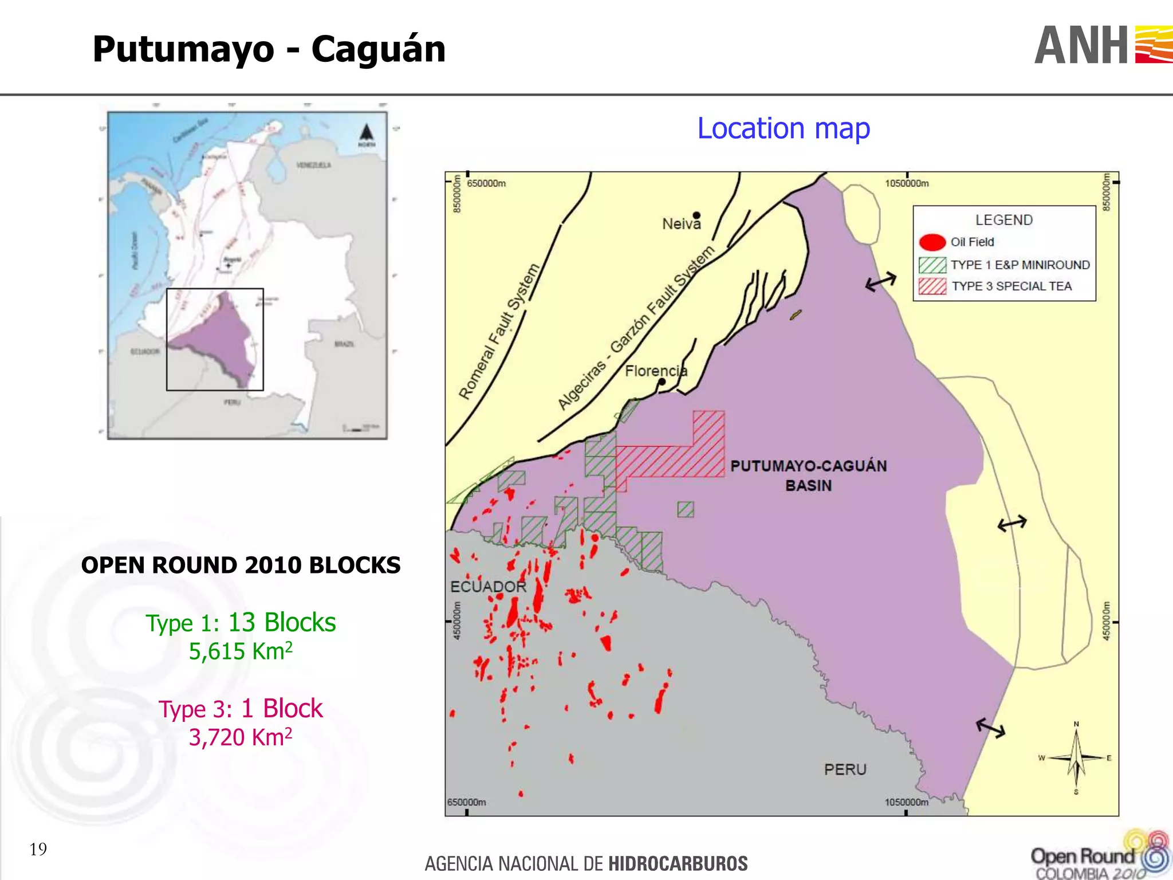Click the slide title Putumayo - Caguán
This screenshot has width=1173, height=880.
coord(269,49)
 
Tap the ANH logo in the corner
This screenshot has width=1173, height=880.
coord(1102,45)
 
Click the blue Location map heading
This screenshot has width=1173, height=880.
coord(783,128)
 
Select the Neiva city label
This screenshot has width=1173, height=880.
coord(681,224)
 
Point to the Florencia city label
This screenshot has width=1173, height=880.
coord(655,371)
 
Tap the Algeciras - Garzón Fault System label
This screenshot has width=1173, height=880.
coord(636,327)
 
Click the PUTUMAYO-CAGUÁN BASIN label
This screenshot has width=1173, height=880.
coord(808,475)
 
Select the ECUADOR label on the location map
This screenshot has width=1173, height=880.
coord(488,587)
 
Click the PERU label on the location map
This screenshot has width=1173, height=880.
coord(845,769)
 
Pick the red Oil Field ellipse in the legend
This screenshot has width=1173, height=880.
coord(932,242)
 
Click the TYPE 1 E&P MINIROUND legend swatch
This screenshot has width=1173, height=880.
coord(932,265)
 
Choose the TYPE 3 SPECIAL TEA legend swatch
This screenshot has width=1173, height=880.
coord(932,286)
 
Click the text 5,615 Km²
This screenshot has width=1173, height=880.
coord(241,651)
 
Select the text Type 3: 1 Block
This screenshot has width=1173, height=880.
coord(241,709)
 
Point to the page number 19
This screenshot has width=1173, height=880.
coord(38,849)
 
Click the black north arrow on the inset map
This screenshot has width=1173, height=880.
coord(367,133)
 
